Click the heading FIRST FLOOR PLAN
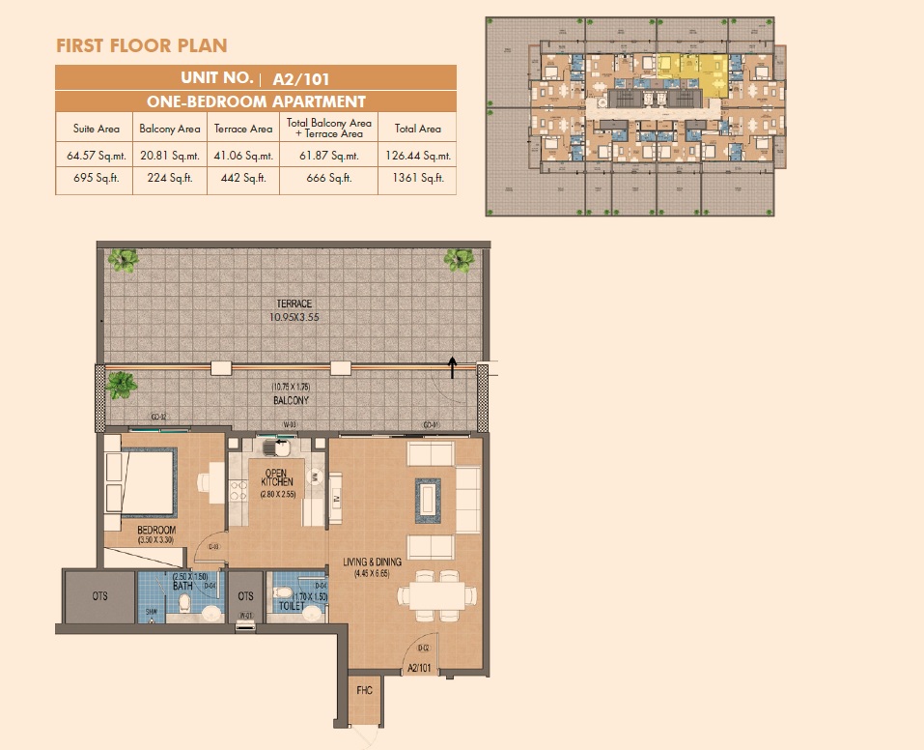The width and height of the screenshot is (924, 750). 142,45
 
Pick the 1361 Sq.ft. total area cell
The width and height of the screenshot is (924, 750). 417,178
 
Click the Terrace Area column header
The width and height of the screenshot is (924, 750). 242,129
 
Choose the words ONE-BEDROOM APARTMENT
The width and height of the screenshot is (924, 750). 256,101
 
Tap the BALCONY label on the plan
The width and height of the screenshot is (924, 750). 290,398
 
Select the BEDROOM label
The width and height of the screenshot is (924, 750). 155,531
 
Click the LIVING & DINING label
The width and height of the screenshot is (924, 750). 378,561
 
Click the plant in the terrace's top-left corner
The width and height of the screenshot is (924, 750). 123,259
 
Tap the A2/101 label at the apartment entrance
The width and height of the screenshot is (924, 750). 419,668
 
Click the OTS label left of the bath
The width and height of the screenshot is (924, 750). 100,596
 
